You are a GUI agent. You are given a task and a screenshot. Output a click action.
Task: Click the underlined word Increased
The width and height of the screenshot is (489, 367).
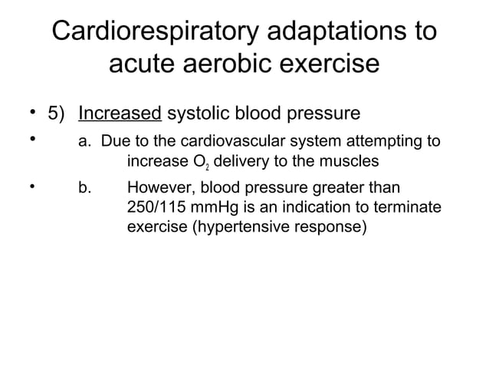pyautogui.click(x=120, y=114)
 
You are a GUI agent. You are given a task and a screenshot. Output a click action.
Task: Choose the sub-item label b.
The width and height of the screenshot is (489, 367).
pyautogui.click(x=85, y=189)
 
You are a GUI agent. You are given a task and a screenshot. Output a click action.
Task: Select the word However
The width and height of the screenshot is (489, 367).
pyautogui.click(x=158, y=189)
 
